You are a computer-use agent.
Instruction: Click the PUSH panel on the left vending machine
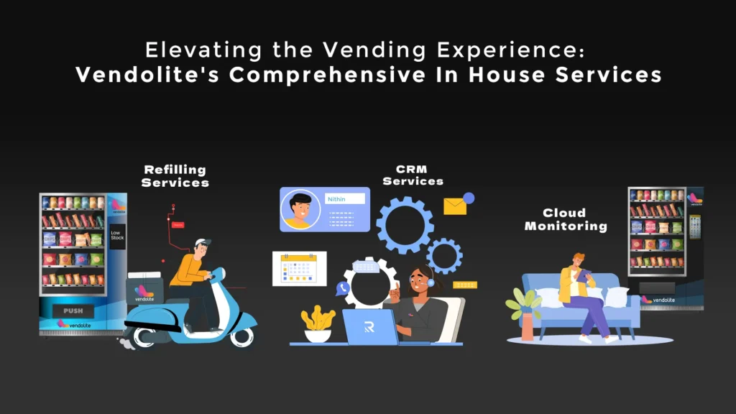(73, 310)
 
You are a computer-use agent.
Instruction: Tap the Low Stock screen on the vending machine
(116, 236)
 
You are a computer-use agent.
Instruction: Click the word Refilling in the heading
(175, 170)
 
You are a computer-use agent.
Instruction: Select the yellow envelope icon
(455, 206)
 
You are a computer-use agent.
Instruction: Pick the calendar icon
(299, 269)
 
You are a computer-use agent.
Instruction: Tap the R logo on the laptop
(369, 327)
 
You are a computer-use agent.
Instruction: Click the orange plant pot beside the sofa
(528, 326)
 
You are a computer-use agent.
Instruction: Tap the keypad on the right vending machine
(694, 226)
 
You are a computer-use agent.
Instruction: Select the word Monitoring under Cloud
(566, 226)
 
